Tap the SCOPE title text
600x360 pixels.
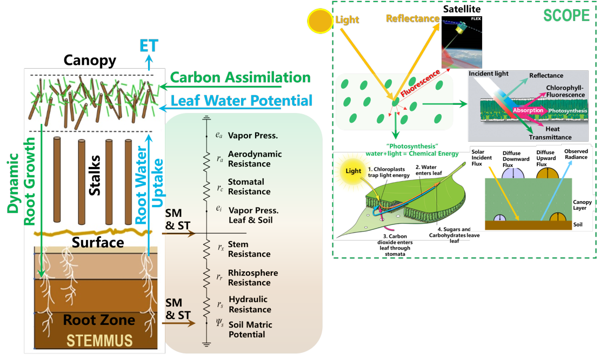click(x=566, y=15)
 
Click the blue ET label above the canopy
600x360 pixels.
click(x=149, y=45)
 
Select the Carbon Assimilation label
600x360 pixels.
click(x=241, y=78)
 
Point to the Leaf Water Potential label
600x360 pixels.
click(x=242, y=101)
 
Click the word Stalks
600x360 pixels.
click(x=95, y=170)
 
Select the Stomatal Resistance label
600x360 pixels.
click(x=249, y=187)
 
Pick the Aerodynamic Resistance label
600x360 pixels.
click(x=255, y=159)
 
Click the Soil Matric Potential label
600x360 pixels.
click(x=250, y=330)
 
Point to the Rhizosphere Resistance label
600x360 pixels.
click(x=253, y=278)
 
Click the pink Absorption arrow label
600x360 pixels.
click(x=528, y=110)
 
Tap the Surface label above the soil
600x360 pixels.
click(x=98, y=242)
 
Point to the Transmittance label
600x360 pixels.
click(x=551, y=137)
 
